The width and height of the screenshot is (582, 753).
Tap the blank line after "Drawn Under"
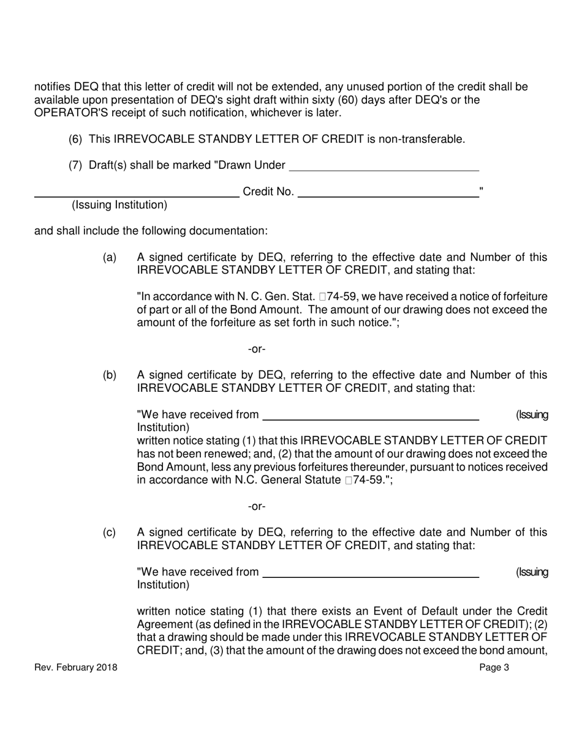[384, 170]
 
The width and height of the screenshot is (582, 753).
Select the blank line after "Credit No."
[387, 197]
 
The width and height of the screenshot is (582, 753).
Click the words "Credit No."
[268, 192]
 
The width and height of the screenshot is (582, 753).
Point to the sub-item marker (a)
[110, 258]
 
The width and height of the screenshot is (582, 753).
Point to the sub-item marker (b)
[110, 375]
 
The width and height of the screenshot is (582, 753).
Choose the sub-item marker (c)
[110, 533]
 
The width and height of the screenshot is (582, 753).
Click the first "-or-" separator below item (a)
[257, 349]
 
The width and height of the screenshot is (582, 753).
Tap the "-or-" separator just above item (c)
[257, 507]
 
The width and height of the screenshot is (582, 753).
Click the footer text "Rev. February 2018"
[76, 668]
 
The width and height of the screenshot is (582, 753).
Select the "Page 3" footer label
[494, 668]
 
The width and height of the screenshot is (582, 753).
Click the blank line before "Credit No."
[136, 197]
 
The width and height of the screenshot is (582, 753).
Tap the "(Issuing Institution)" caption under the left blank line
[119, 205]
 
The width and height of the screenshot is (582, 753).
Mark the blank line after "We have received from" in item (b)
[370, 419]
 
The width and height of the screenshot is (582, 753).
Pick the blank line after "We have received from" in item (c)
[370, 577]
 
